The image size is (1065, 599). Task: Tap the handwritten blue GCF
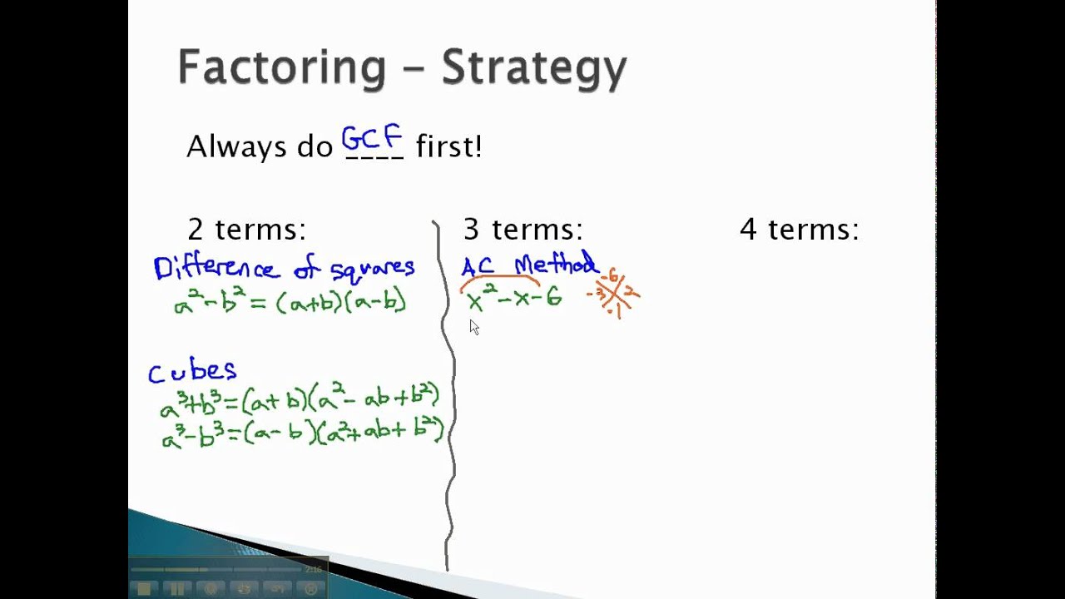[x=372, y=138]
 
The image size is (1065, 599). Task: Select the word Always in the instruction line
[x=227, y=147]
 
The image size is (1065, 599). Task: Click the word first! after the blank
[x=448, y=147]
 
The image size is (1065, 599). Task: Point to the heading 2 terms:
[x=246, y=230]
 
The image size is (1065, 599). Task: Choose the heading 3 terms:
[x=523, y=230]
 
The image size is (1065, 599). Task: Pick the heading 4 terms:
[x=799, y=230]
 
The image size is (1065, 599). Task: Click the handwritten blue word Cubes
[x=192, y=371]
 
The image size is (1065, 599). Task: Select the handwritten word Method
[x=555, y=265]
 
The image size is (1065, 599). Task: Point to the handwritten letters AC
[x=478, y=267]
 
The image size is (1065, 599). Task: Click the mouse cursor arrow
[x=474, y=327]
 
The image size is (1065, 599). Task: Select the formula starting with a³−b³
[x=302, y=433]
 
